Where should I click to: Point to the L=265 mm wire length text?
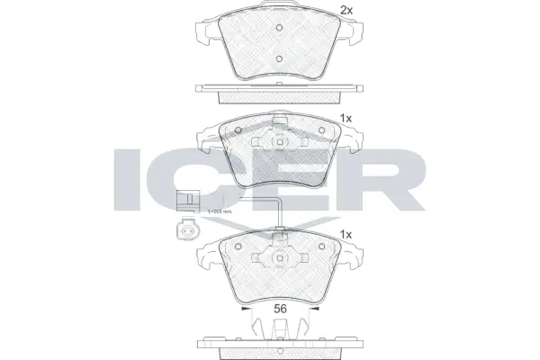(220, 211)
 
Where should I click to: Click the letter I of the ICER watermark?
(132, 179)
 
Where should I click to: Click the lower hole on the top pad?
(280, 60)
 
